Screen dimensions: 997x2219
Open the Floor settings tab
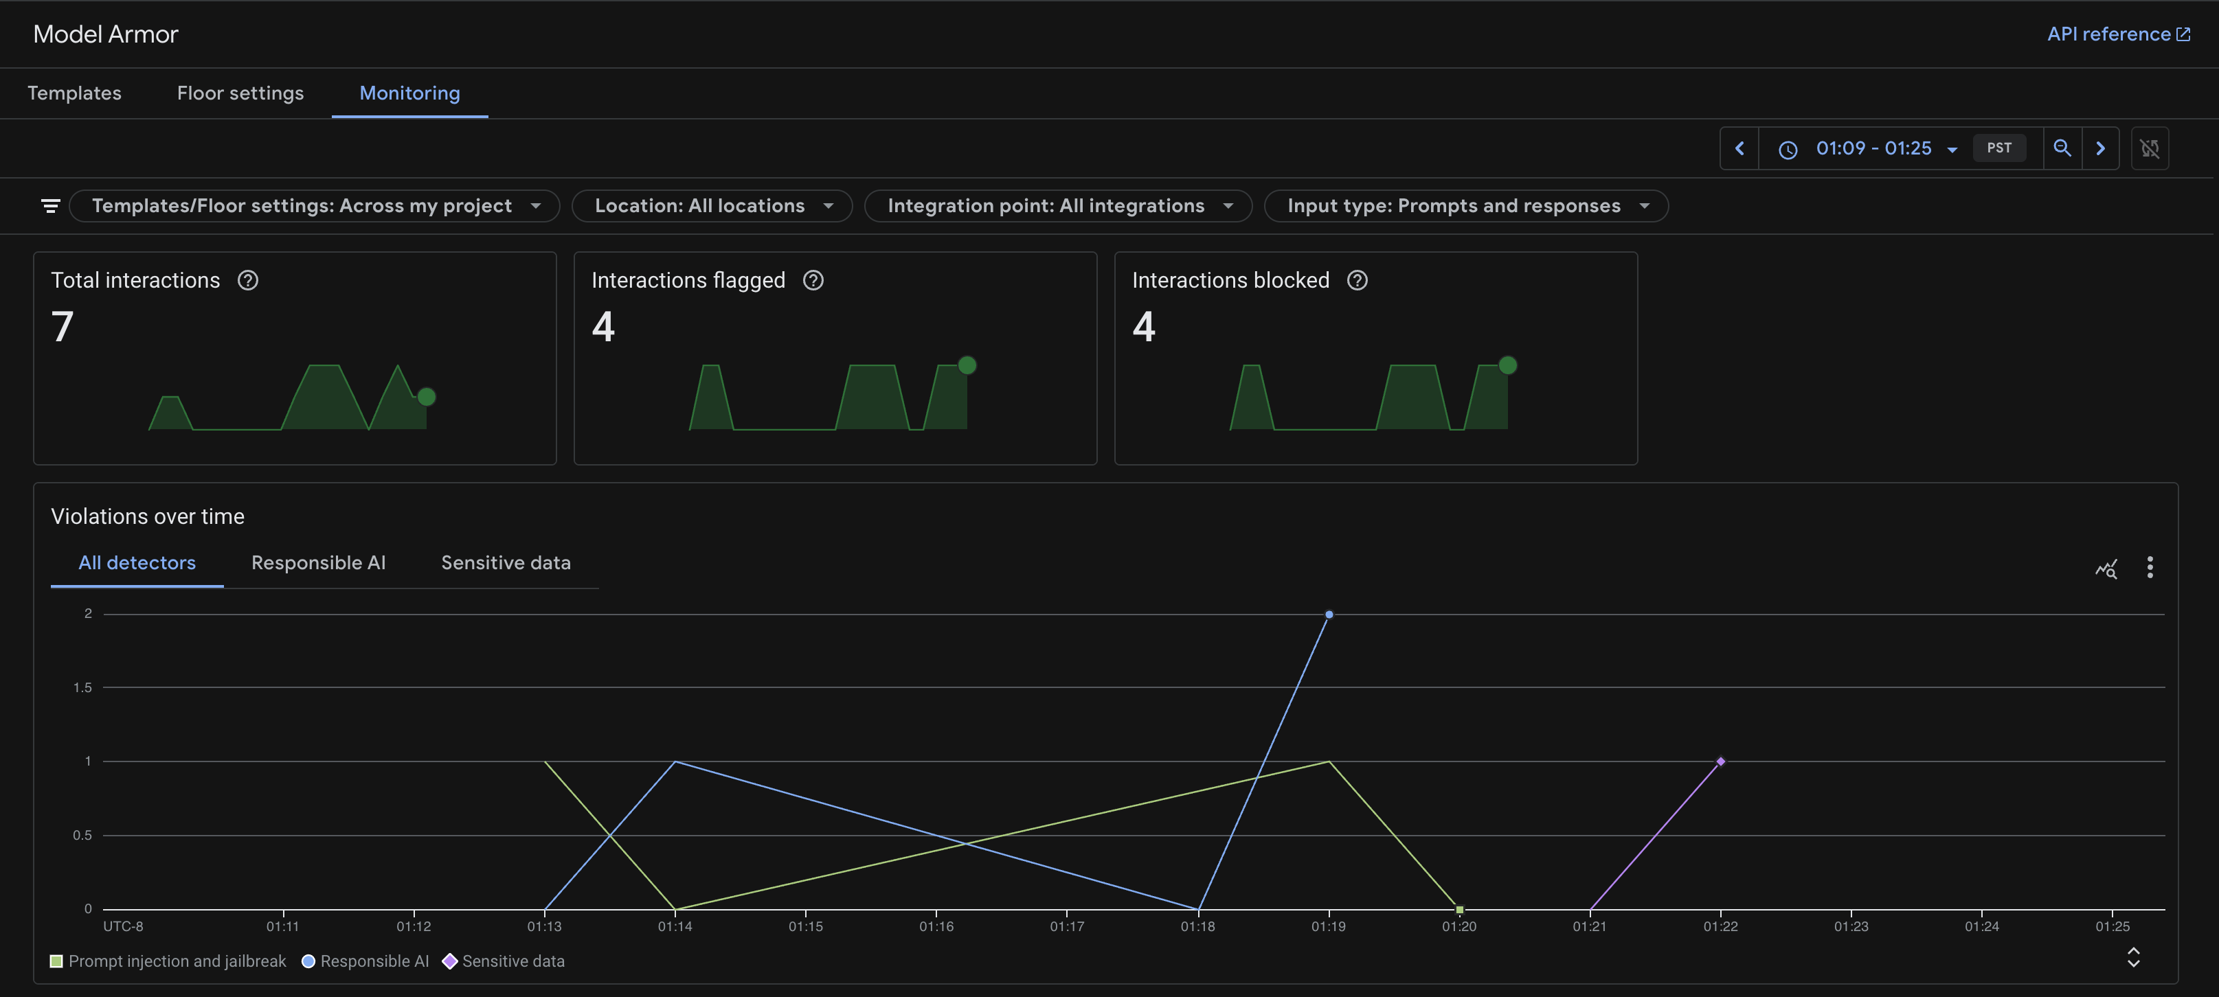coord(240,93)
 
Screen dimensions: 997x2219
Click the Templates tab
coord(74,93)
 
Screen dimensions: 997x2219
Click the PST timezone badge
coord(1998,148)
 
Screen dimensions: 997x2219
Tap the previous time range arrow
coord(1739,148)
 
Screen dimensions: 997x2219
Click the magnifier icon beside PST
coord(2062,148)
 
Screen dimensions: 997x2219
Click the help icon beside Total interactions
coord(248,281)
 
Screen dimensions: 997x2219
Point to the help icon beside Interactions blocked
coord(1357,281)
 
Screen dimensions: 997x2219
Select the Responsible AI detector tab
coord(318,563)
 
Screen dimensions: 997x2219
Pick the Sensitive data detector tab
coord(506,563)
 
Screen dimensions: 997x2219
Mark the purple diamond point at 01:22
coord(1720,761)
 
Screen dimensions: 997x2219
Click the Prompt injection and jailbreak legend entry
coord(168,961)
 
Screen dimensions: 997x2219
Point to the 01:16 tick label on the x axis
coord(936,926)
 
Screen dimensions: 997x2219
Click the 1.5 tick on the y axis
coord(82,687)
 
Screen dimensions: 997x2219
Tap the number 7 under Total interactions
coord(62,327)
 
